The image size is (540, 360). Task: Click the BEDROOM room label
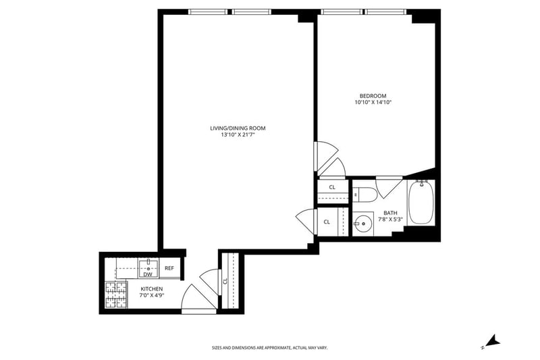click(x=373, y=96)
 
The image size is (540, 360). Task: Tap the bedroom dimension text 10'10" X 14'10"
click(x=373, y=102)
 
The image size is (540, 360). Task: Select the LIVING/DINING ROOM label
click(x=238, y=128)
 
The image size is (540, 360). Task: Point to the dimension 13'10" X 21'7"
click(x=238, y=135)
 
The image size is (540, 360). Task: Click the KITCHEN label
click(x=151, y=289)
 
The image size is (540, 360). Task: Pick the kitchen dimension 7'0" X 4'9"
click(x=151, y=295)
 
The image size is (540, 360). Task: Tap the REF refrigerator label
click(x=169, y=268)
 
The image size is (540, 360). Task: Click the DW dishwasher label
click(x=148, y=275)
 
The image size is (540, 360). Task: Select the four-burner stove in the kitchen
click(x=115, y=294)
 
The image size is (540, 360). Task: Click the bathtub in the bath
click(x=421, y=202)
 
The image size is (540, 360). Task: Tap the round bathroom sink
click(x=363, y=224)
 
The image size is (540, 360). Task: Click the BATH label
click(x=390, y=213)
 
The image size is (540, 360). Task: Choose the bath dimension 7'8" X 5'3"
click(x=391, y=219)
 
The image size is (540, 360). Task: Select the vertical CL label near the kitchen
click(x=225, y=281)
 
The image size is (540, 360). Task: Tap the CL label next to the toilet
click(x=332, y=187)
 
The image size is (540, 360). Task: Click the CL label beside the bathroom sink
click(x=327, y=222)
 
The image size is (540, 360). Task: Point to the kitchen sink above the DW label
click(x=148, y=266)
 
